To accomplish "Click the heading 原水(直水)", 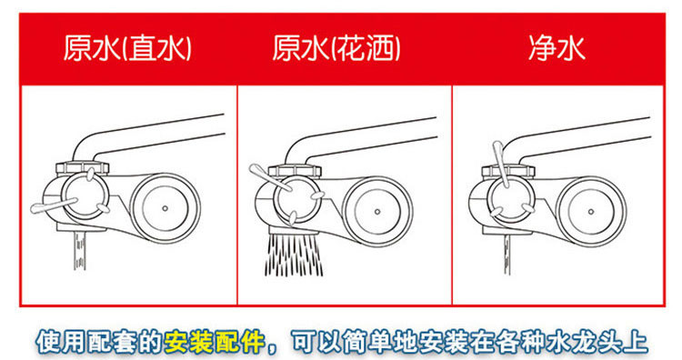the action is (x=127, y=48).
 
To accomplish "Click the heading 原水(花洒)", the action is (x=336, y=48).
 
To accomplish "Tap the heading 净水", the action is (x=557, y=48).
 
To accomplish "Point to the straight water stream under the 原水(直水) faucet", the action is (x=80, y=250).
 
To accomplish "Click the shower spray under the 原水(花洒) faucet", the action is (x=294, y=255).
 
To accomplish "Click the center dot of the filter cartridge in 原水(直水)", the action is (x=165, y=208).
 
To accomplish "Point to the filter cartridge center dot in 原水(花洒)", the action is (x=377, y=212).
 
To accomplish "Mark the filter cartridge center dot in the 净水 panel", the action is (x=591, y=212).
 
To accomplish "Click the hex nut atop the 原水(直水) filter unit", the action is (x=83, y=168).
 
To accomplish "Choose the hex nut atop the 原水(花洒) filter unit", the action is (x=296, y=171).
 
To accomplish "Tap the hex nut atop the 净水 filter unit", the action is (x=508, y=171).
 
